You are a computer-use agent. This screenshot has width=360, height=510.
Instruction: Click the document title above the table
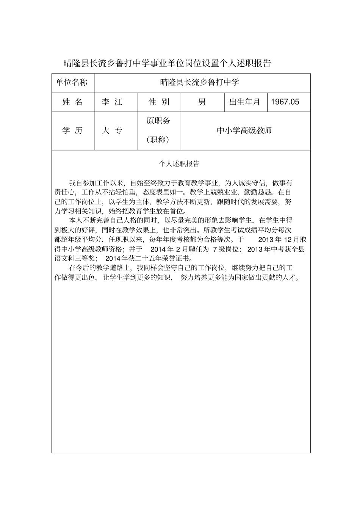click(x=167, y=63)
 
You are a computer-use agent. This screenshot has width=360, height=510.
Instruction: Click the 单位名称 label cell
click(x=72, y=83)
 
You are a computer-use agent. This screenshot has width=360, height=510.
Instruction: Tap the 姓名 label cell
click(x=72, y=102)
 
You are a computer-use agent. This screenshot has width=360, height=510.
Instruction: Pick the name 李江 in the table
click(x=112, y=102)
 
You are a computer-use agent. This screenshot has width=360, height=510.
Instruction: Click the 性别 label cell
click(x=159, y=102)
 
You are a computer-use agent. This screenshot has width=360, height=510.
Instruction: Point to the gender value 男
click(x=202, y=102)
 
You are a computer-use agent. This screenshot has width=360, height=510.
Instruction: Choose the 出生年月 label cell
click(x=245, y=102)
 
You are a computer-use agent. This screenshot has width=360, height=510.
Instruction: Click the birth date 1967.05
click(x=285, y=102)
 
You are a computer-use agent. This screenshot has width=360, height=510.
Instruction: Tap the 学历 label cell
click(x=72, y=131)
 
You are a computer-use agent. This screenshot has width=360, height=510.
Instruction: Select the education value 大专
click(x=112, y=131)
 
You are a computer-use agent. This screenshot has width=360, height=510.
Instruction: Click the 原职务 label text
click(x=158, y=121)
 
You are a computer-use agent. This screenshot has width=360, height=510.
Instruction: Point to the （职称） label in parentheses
click(x=158, y=140)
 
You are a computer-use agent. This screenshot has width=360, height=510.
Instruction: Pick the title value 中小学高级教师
click(x=244, y=131)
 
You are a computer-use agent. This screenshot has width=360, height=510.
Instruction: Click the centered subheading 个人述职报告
click(x=179, y=164)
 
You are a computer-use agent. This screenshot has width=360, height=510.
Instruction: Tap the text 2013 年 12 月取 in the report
click(x=282, y=240)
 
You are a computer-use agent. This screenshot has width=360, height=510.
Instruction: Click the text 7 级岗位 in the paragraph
click(x=227, y=249)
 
